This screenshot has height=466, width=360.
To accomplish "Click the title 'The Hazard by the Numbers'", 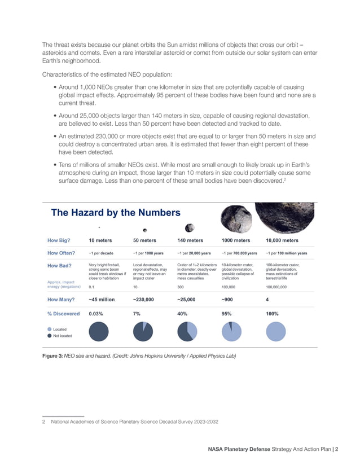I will tap(116, 213).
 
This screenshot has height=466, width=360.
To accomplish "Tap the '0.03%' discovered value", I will tap(100, 314).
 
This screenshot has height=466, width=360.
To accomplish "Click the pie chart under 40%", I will tap(187, 331).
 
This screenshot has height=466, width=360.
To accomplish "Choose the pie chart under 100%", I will tap(275, 331).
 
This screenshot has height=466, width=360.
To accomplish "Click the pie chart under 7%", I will tap(143, 331).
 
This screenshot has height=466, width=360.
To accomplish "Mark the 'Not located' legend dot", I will tap(50, 336).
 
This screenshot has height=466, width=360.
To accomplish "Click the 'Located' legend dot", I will tap(50, 328).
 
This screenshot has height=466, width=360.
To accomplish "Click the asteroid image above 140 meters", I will tap(190, 227).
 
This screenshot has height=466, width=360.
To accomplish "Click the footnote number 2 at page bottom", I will tap(44, 421).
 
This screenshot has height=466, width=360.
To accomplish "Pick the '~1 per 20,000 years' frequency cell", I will tap(194, 253).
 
